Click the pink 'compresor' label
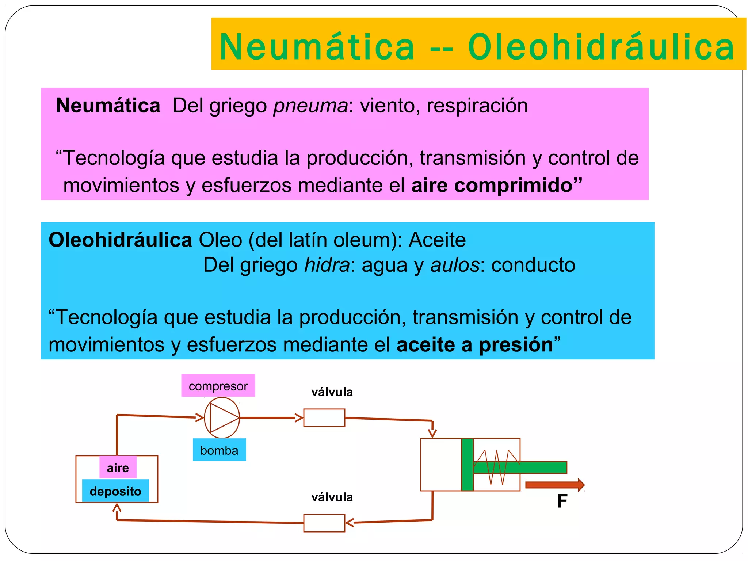(218, 386)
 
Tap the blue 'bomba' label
(219, 450)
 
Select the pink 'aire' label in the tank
(118, 467)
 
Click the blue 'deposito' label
(115, 491)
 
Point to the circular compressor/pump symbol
(222, 418)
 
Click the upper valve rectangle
(324, 418)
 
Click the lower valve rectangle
(324, 523)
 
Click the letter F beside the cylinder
(562, 501)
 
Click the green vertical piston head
(467, 465)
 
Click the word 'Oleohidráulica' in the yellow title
(601, 47)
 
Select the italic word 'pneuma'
(311, 106)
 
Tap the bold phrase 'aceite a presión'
(474, 345)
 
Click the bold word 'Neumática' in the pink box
(108, 106)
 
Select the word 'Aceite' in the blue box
(437, 240)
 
